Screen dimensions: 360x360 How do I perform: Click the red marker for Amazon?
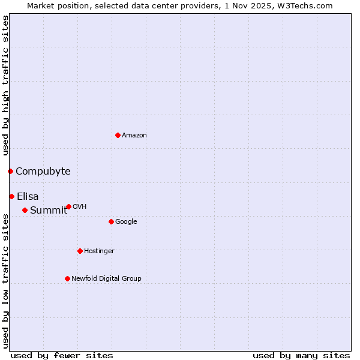coord(118,135)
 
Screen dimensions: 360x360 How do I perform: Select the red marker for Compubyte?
coord(10,171)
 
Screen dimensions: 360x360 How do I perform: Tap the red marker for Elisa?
coord(11,196)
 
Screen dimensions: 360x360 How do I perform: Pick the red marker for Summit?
coord(25,210)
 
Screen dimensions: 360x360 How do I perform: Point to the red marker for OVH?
coord(68,206)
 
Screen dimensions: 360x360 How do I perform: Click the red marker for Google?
coord(111,221)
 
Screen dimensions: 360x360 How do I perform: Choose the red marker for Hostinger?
coord(80,251)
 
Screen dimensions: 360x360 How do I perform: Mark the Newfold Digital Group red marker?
coord(67,278)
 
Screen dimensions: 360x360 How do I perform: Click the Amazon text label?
coord(134,136)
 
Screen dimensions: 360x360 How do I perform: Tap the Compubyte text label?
coord(43,171)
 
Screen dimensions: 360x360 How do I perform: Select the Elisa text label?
coord(28,196)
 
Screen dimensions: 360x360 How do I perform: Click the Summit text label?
coord(49,210)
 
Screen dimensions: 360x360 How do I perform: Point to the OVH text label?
coord(80,206)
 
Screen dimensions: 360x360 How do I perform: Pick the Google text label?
coord(126,221)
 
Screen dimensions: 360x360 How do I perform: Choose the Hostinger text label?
coord(99,251)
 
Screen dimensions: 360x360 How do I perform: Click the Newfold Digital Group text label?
coord(106,278)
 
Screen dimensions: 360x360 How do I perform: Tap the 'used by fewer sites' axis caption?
coord(62,355)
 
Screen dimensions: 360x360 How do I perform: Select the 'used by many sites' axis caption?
coord(301,355)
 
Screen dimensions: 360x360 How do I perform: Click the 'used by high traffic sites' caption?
coord(5,85)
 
